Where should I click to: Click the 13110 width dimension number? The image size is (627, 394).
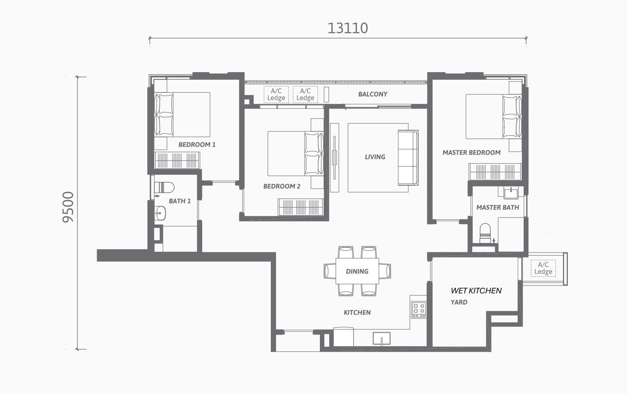tap(348, 28)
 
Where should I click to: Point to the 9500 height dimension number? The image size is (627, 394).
tap(68, 207)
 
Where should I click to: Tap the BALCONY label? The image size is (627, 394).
tap(373, 94)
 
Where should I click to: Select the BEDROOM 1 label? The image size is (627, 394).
tap(197, 144)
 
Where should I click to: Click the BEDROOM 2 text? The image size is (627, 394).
tap(282, 186)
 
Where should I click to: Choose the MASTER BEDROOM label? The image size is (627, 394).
tap(472, 153)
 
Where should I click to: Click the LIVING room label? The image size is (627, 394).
tap(375, 157)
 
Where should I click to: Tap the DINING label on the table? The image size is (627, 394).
tap(357, 271)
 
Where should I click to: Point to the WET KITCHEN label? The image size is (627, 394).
tap(476, 291)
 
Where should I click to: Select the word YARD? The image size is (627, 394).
tap(459, 302)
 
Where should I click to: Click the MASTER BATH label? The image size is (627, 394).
tap(498, 208)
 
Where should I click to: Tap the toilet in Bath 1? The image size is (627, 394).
tap(164, 187)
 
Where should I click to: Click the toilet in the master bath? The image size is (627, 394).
tap(485, 233)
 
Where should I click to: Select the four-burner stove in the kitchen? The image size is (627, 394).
tap(419, 309)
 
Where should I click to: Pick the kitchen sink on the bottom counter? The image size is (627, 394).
tap(382, 338)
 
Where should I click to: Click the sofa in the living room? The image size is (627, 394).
tap(408, 158)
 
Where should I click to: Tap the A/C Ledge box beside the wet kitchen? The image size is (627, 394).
tap(543, 268)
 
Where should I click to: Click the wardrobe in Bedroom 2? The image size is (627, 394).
tap(301, 207)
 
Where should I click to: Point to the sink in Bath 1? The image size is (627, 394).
tap(160, 213)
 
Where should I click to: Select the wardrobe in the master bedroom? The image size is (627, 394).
tap(495, 172)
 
